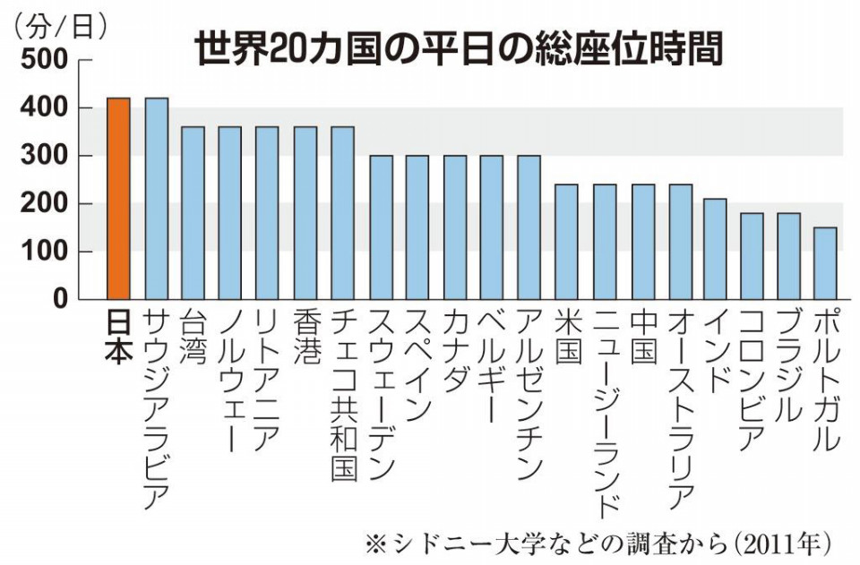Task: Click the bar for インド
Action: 715,248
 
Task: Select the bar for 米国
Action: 565,241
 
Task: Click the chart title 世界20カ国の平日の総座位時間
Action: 458,50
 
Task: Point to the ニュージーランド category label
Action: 604,412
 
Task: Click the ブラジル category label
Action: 788,367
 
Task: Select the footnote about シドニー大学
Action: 599,544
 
